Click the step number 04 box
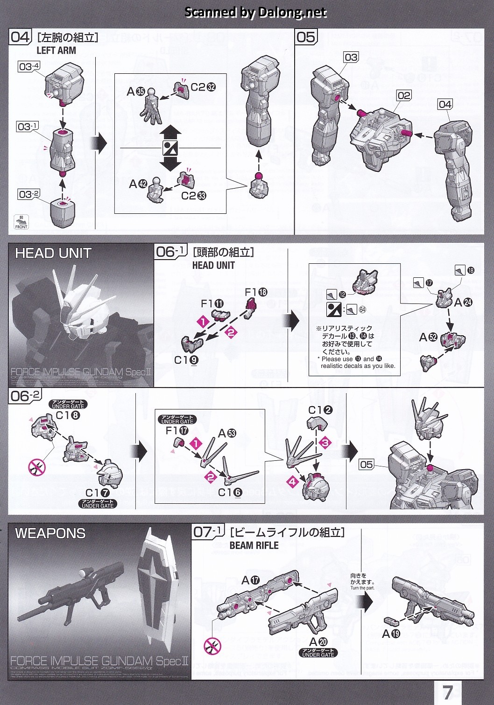tap(20, 37)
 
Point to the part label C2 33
tap(193, 196)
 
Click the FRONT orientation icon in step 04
tap(21, 222)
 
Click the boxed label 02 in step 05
tap(404, 96)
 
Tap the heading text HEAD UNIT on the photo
tap(53, 254)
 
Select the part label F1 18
tap(256, 292)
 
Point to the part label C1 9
tap(186, 360)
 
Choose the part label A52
tap(428, 337)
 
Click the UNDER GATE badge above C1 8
tap(68, 404)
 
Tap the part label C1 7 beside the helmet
tap(98, 493)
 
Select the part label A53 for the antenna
tap(227, 433)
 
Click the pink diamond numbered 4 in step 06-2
tap(293, 481)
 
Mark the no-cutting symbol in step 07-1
tap(213, 646)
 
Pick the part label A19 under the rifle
tap(391, 634)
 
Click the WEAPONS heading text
tap(50, 534)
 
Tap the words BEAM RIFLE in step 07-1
tap(254, 545)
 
